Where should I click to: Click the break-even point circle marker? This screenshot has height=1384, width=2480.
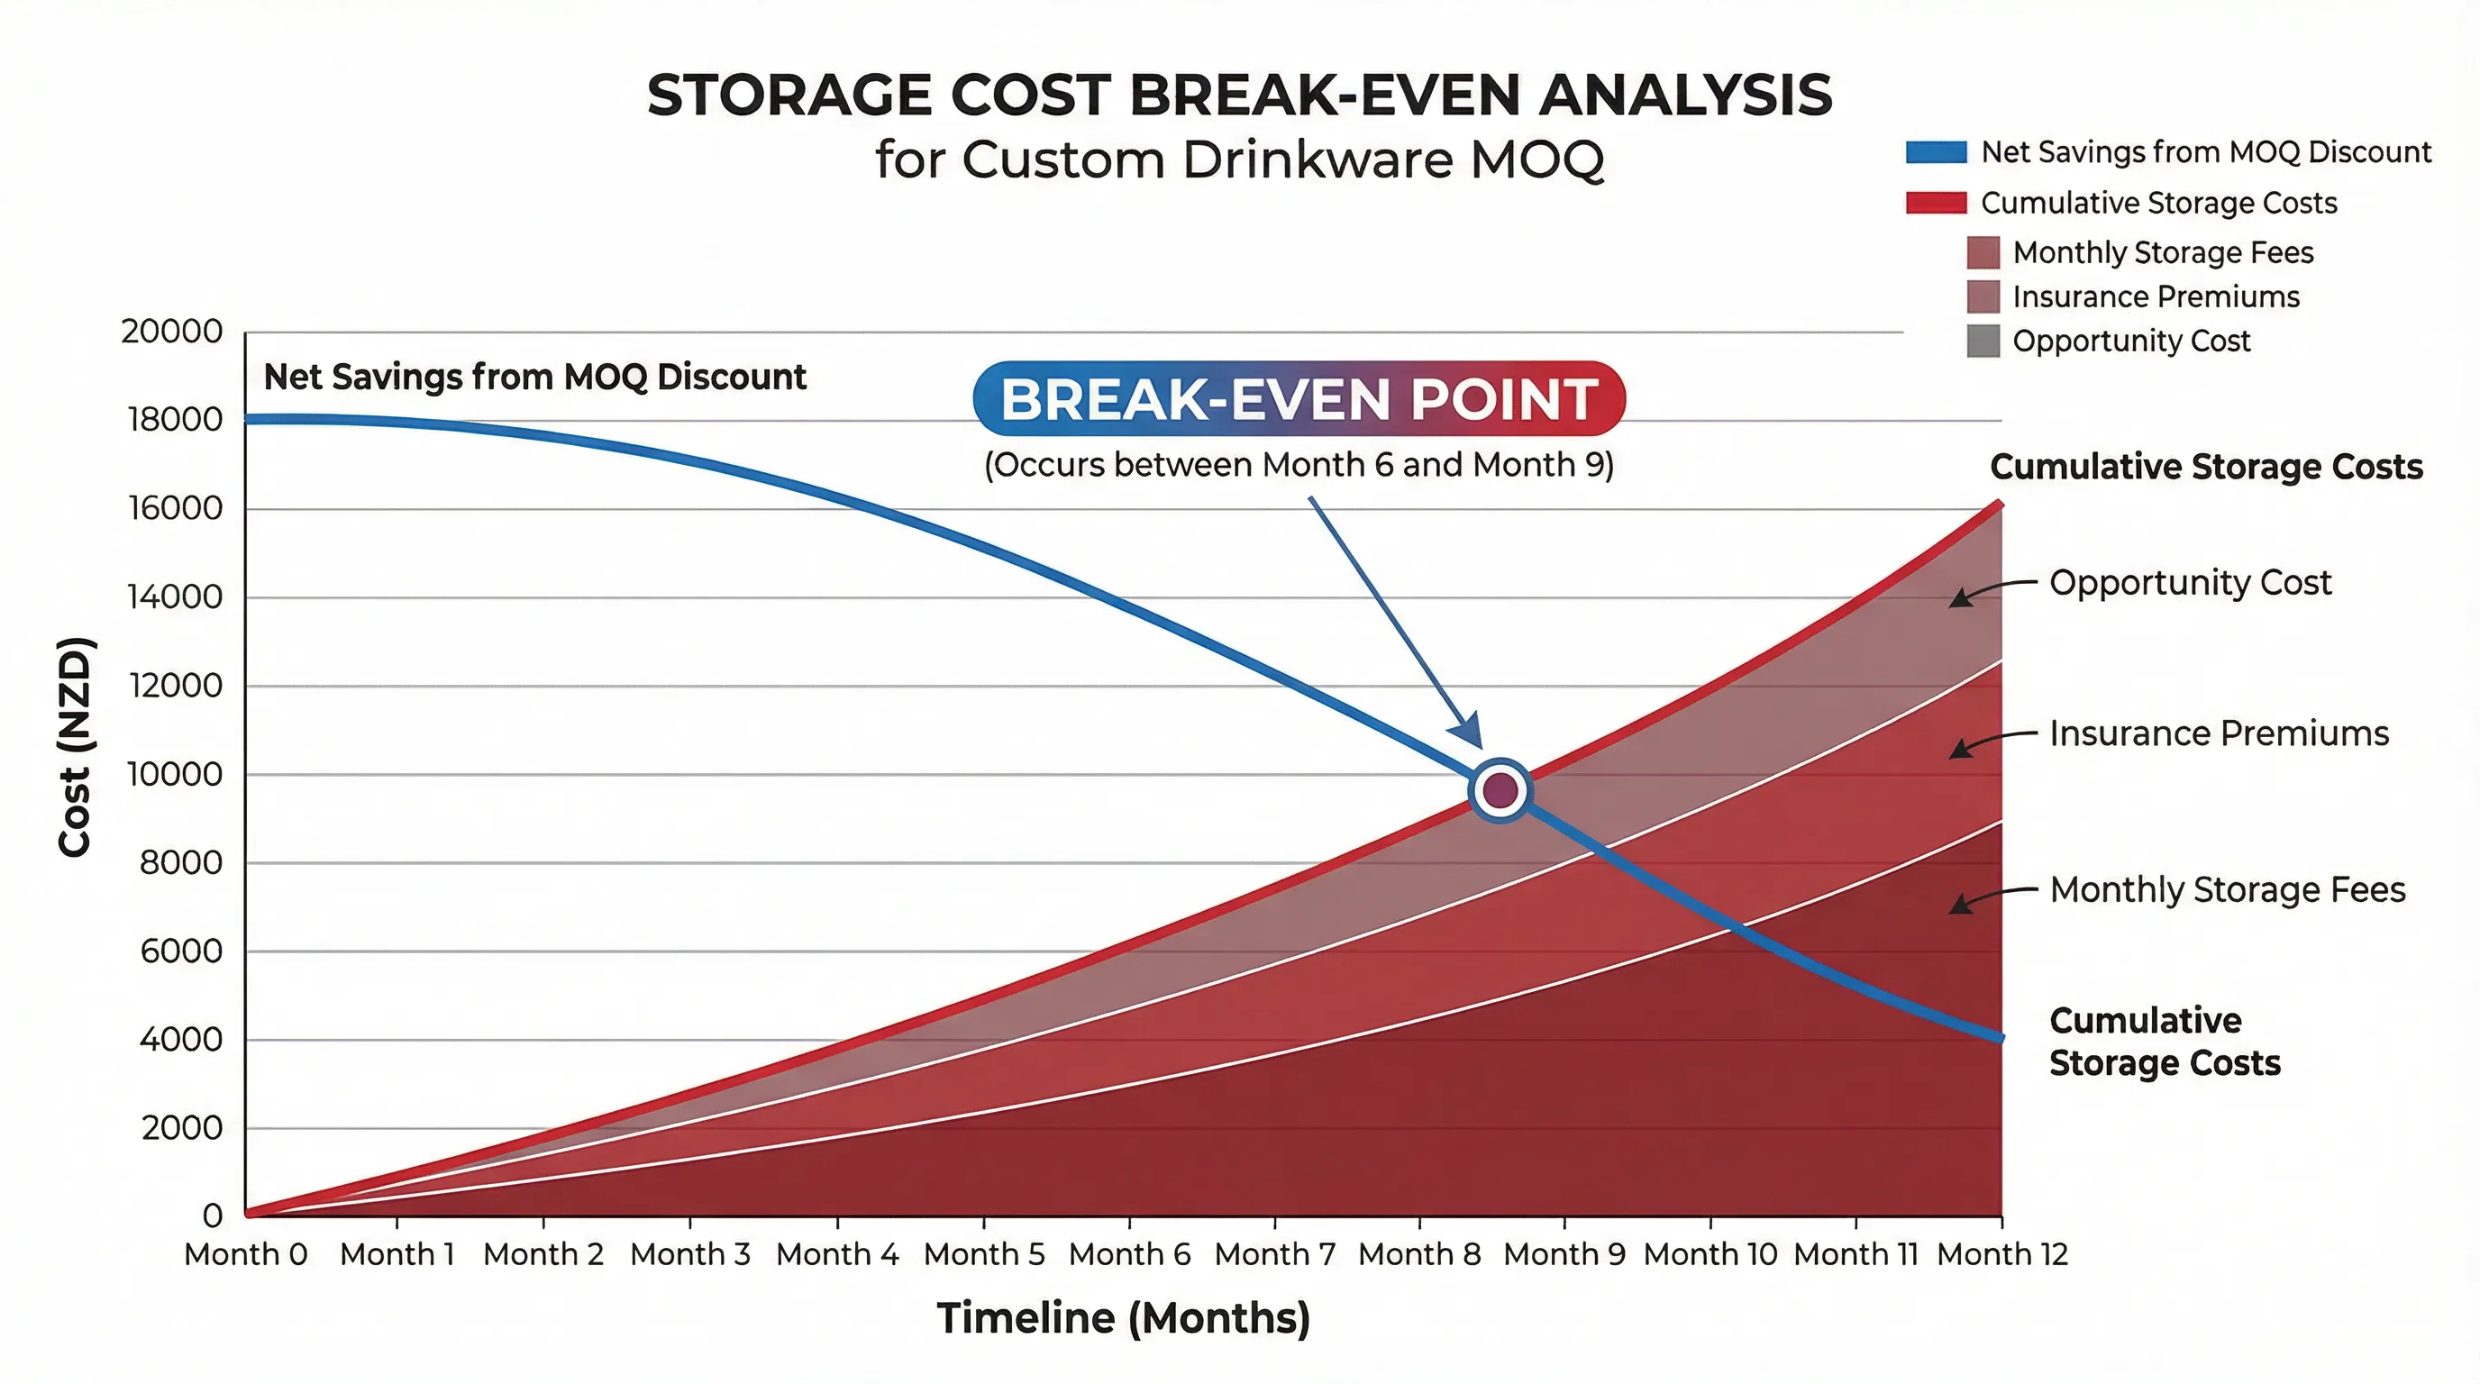(x=1500, y=790)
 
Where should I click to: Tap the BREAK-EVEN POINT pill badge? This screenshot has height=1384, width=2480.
(x=1299, y=398)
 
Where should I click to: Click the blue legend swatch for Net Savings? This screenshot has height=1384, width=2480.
(x=1935, y=152)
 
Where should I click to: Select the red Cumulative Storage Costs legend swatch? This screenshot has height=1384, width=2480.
(x=1935, y=203)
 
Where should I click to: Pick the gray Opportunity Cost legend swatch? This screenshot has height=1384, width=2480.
(x=1983, y=341)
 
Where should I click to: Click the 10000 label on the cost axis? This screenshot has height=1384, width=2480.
(x=174, y=774)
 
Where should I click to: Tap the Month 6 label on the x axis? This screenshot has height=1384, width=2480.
(x=1129, y=1254)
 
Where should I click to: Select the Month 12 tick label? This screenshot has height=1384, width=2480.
(x=2001, y=1254)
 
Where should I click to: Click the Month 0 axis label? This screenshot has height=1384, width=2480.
(x=245, y=1254)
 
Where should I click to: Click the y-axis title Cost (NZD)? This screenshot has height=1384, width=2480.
(x=74, y=746)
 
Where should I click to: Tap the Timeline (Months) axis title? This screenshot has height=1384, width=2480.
(x=1123, y=1317)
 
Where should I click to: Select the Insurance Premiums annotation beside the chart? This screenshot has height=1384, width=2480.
(x=2218, y=733)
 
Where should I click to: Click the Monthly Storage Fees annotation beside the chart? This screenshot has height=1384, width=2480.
(x=2227, y=889)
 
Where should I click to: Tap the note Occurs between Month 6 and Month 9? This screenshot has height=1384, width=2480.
(x=1299, y=465)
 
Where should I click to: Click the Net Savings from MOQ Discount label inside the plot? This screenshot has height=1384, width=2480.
(x=534, y=377)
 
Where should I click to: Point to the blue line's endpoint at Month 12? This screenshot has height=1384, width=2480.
(x=2001, y=1037)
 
